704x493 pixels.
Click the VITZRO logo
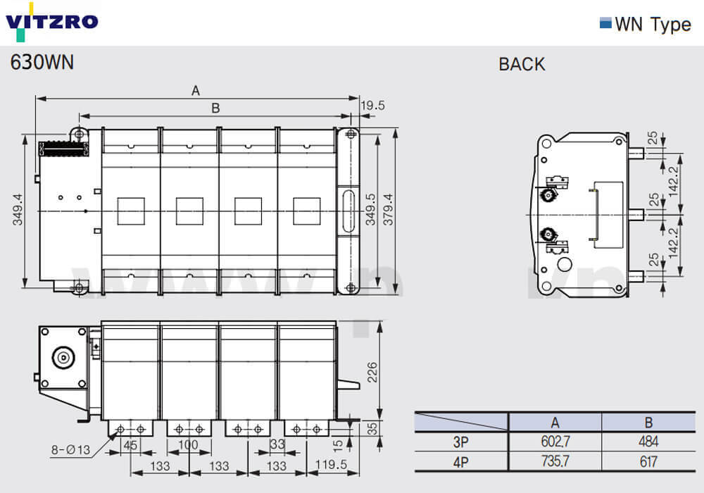[x=51, y=22]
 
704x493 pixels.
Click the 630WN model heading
[x=42, y=62]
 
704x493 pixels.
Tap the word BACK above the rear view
[x=522, y=64]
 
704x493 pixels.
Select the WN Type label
[x=653, y=24]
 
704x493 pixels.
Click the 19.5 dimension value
[x=372, y=106]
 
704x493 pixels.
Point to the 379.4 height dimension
[x=387, y=209]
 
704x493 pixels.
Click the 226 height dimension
[x=372, y=373]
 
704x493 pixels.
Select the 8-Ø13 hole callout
[x=71, y=449]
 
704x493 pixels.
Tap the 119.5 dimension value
[x=332, y=464]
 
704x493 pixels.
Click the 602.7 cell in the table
[x=555, y=442]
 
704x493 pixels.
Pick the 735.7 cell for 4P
[x=555, y=461]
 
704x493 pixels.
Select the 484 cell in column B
[x=648, y=442]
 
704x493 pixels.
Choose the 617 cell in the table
[x=648, y=461]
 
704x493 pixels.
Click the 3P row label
[x=460, y=442]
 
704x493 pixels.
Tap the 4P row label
[x=460, y=462]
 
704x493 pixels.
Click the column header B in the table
[x=648, y=423]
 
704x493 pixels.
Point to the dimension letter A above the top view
[x=195, y=91]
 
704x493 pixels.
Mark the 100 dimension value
[x=188, y=444]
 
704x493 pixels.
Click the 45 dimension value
[x=130, y=445]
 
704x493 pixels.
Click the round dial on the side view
[x=63, y=358]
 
